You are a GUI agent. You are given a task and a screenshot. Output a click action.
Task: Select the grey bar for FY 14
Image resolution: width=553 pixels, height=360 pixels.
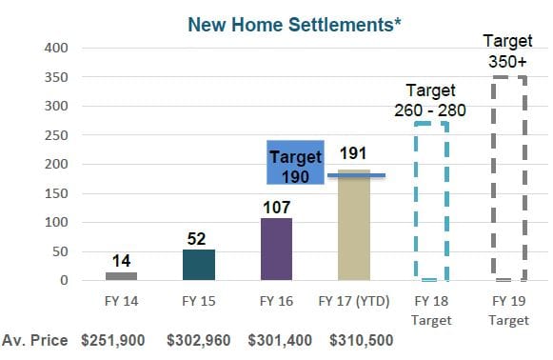(x=121, y=276)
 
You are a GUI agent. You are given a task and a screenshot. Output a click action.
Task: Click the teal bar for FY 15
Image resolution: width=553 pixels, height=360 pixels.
(x=199, y=265)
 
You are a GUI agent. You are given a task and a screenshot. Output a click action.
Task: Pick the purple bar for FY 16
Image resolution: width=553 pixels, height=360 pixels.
(x=276, y=249)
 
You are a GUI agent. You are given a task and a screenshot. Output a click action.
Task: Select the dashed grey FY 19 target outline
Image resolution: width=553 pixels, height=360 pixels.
(x=508, y=179)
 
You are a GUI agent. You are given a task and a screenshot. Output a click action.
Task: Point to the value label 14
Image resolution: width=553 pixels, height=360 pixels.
(x=121, y=259)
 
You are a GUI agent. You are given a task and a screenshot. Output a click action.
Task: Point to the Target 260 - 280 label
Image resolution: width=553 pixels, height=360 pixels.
(x=430, y=101)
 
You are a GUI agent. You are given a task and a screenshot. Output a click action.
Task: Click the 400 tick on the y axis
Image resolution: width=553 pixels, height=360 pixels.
(x=55, y=48)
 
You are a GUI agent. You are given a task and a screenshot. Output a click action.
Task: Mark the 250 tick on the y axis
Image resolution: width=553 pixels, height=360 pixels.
(x=55, y=135)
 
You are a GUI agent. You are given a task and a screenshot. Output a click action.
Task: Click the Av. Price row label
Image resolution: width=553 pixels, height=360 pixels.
(x=35, y=340)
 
